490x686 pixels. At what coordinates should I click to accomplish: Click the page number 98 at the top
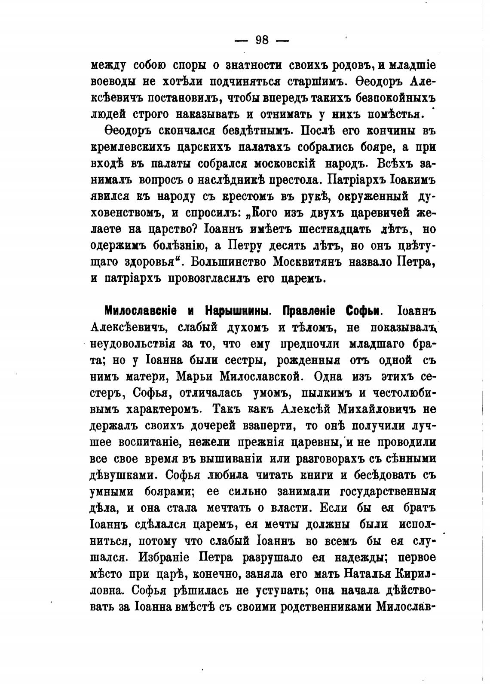262,40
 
